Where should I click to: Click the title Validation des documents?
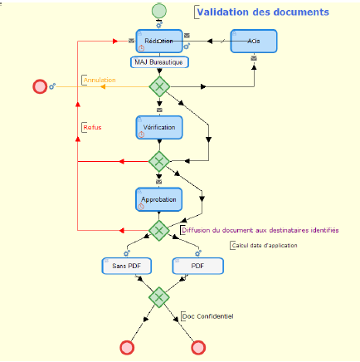tap(262, 12)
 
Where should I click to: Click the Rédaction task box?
tap(159, 41)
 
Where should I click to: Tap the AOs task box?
tap(253, 41)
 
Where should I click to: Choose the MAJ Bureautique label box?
tap(159, 62)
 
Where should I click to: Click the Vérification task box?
tap(159, 127)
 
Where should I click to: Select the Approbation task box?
tap(159, 200)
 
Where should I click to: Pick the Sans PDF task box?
tap(126, 266)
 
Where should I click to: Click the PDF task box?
tap(197, 266)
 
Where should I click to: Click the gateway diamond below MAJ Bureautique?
tap(159, 86)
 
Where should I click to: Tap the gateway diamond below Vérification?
tap(159, 160)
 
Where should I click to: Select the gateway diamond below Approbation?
tap(159, 230)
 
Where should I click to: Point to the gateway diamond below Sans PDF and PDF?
tap(159, 296)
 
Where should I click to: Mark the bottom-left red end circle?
tap(127, 347)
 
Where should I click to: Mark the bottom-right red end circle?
tap(197, 347)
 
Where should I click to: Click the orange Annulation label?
tap(100, 81)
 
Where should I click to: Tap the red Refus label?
tap(92, 127)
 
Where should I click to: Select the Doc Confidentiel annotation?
tap(208, 316)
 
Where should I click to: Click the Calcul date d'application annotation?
tap(263, 245)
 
